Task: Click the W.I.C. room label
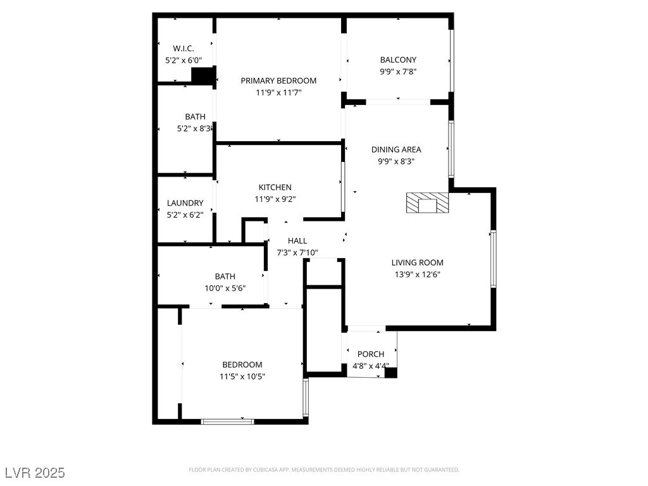[184, 49]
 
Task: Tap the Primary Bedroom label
[278, 80]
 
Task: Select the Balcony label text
[398, 60]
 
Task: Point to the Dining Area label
[396, 150]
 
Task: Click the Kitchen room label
[275, 187]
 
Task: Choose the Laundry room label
[185, 203]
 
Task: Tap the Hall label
[297, 241]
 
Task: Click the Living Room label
[417, 263]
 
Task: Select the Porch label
[371, 354]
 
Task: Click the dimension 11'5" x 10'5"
[242, 377]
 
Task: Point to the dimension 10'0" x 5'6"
[225, 288]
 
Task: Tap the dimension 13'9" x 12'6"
[417, 275]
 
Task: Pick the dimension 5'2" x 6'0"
[184, 61]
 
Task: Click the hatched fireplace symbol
[428, 204]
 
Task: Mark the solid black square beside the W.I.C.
[202, 76]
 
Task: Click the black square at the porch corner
[391, 373]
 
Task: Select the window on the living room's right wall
[494, 259]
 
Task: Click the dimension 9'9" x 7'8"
[398, 72]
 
